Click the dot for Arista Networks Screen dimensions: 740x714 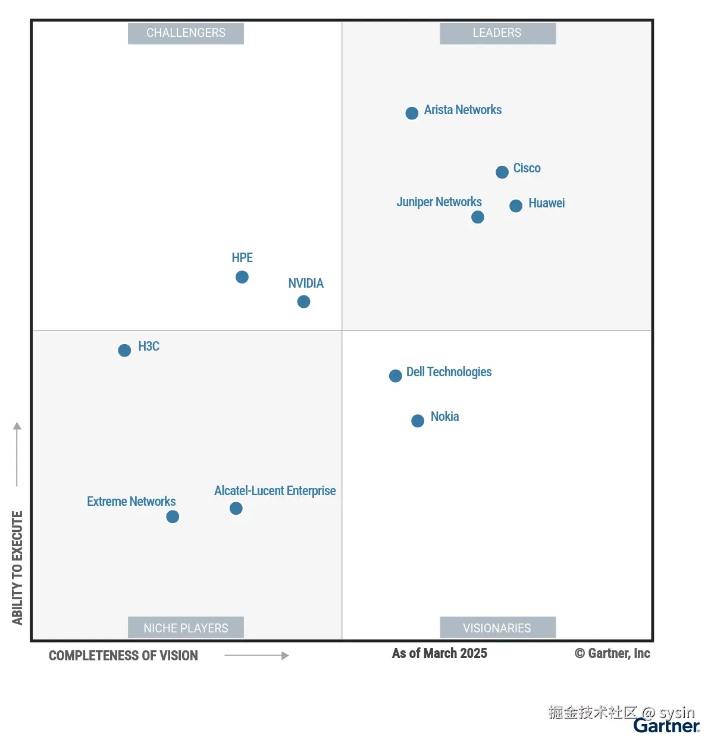[x=412, y=113]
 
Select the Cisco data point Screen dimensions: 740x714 [x=502, y=172]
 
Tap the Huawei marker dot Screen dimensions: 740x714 [x=516, y=206]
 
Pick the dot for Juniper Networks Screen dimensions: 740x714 [x=478, y=217]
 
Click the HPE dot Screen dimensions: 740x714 [x=242, y=277]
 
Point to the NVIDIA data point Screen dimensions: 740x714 [x=303, y=302]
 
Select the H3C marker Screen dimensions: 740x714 [x=124, y=350]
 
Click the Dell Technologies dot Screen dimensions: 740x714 [x=396, y=376]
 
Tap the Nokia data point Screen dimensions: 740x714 [x=418, y=421]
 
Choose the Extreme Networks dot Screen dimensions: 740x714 [x=173, y=517]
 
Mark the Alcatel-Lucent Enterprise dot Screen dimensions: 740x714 [x=236, y=508]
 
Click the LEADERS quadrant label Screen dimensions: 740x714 [x=497, y=33]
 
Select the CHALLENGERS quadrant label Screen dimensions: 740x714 [x=186, y=33]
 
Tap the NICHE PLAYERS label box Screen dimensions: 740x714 [x=186, y=628]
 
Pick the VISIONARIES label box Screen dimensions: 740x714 [x=497, y=628]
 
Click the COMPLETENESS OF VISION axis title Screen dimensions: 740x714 [x=123, y=656]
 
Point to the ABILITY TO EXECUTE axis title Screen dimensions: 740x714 [x=17, y=568]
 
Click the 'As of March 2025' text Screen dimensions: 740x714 [x=439, y=653]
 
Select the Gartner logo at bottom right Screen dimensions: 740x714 [x=666, y=726]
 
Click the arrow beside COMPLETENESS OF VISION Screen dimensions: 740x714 [x=256, y=656]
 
